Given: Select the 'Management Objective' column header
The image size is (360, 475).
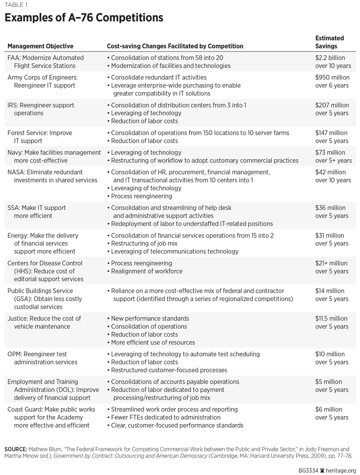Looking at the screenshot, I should tap(40, 46).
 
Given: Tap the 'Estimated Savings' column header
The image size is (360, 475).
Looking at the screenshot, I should tap(329, 42).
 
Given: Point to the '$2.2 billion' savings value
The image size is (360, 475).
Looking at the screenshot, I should tap(330, 58).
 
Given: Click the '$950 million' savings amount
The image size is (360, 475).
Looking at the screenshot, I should tap(332, 77).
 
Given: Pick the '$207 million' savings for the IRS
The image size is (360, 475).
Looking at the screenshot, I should tap(332, 105).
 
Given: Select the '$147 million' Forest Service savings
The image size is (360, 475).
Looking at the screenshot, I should tap(332, 133).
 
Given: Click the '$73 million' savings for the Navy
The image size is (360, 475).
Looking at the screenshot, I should tap(330, 152).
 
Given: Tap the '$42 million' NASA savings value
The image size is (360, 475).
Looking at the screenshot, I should tap(330, 172).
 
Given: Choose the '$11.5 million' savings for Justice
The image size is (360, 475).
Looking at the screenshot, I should tap(331, 318).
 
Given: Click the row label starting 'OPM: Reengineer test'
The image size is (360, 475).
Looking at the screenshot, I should tap(37, 354).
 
